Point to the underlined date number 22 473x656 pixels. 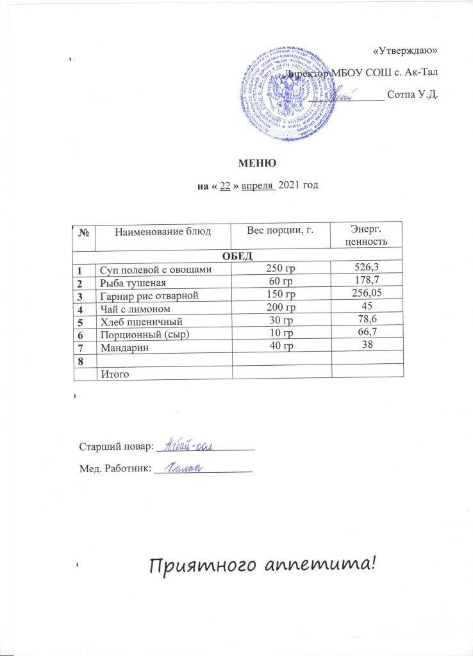225,186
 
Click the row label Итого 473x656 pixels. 112,373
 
